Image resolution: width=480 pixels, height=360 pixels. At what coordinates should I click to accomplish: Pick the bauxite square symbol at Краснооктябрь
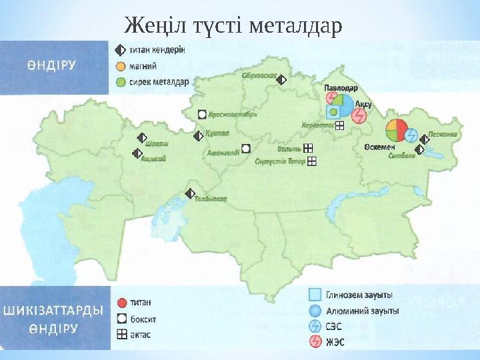click(x=203, y=114)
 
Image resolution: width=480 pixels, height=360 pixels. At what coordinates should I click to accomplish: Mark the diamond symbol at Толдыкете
click(x=190, y=193)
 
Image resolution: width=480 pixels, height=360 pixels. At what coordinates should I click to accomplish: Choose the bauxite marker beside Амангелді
click(x=246, y=148)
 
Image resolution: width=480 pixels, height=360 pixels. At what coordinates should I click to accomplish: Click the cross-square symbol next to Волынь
click(x=307, y=148)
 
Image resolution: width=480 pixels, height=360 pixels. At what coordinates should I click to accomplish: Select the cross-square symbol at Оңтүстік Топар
click(x=311, y=161)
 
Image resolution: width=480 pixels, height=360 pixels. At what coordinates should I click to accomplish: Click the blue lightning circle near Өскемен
click(x=411, y=135)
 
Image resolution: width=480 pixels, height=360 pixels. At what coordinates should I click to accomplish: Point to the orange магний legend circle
click(x=120, y=66)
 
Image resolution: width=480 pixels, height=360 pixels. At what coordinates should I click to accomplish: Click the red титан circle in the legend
click(x=121, y=301)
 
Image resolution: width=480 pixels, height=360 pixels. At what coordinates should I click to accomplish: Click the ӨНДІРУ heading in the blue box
click(x=51, y=65)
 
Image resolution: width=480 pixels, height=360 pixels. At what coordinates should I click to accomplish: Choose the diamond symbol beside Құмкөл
click(x=197, y=136)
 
